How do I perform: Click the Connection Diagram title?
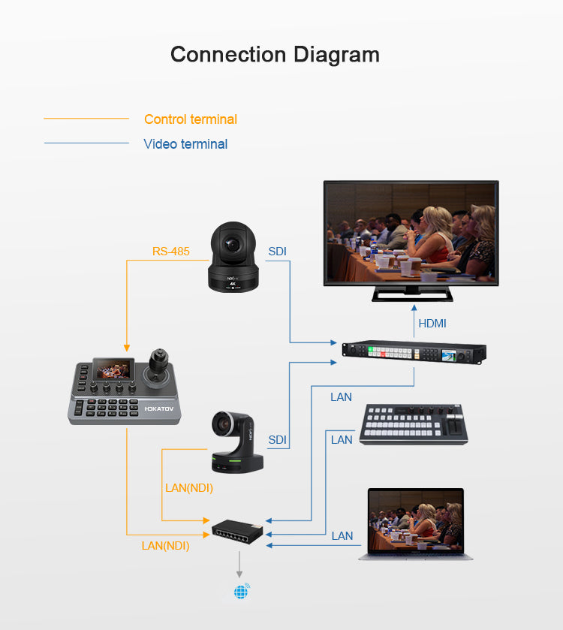pos(275,55)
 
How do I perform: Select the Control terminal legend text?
pos(190,119)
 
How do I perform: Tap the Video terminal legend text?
pos(185,144)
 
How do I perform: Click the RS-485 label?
pos(170,251)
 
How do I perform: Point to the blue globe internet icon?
pos(241,592)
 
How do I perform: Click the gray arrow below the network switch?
pos(241,563)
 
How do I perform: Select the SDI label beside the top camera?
pos(277,251)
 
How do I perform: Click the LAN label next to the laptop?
pos(342,535)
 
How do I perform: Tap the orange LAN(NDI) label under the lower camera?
pos(188,488)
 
